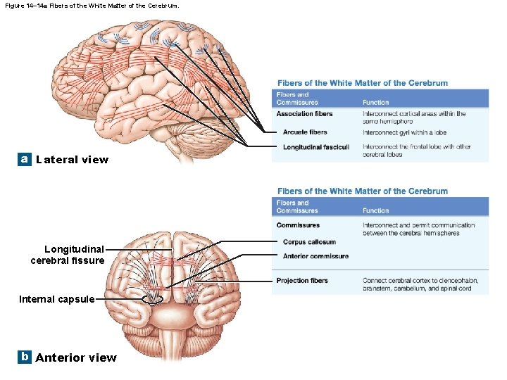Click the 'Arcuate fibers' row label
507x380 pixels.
[305, 132]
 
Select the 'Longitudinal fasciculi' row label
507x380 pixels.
[316, 147]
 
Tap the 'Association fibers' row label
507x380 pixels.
[304, 114]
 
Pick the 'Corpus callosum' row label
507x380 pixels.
[309, 242]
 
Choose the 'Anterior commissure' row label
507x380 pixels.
[315, 256]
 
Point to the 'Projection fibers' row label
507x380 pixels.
[302, 281]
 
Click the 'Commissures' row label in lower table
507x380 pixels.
[298, 225]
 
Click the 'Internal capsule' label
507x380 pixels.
[57, 299]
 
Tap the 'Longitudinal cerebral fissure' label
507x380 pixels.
[68, 255]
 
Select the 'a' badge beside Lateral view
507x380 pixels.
[25, 159]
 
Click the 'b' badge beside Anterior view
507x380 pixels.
[25, 357]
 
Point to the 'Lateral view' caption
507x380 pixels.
[73, 160]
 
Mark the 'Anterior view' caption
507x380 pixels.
[76, 357]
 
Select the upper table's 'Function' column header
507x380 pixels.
[375, 103]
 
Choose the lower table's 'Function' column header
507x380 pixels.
[375, 210]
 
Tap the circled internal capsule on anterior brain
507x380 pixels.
[153, 298]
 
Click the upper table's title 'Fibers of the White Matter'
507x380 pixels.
[363, 83]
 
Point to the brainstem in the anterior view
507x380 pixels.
[173, 345]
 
